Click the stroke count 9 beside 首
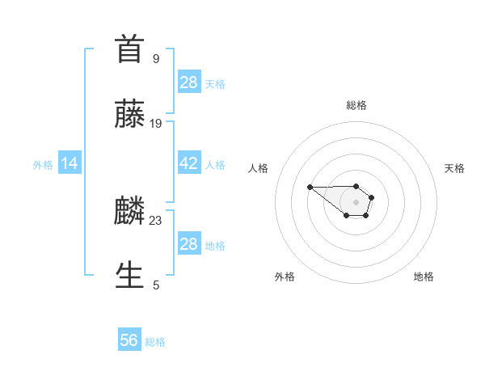(155, 58)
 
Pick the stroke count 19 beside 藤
(156, 123)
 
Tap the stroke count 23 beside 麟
(156, 220)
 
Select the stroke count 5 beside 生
(156, 285)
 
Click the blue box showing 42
(188, 163)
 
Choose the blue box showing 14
(70, 163)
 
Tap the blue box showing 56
(129, 340)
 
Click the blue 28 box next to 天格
(188, 82)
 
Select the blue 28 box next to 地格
(188, 244)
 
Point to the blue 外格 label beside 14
(43, 165)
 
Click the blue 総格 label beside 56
(155, 342)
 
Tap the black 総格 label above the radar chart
(356, 105)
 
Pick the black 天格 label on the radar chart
(454, 168)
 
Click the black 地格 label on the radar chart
(424, 277)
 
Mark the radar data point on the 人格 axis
(310, 188)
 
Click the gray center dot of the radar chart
(356, 202)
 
